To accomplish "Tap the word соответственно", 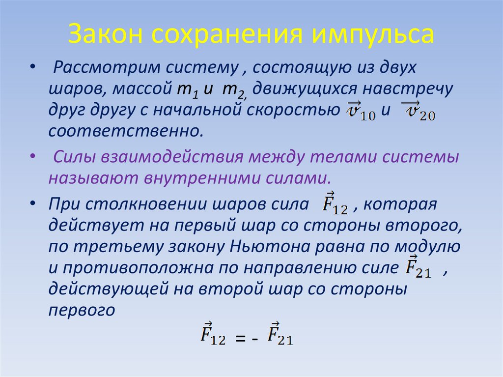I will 125,132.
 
